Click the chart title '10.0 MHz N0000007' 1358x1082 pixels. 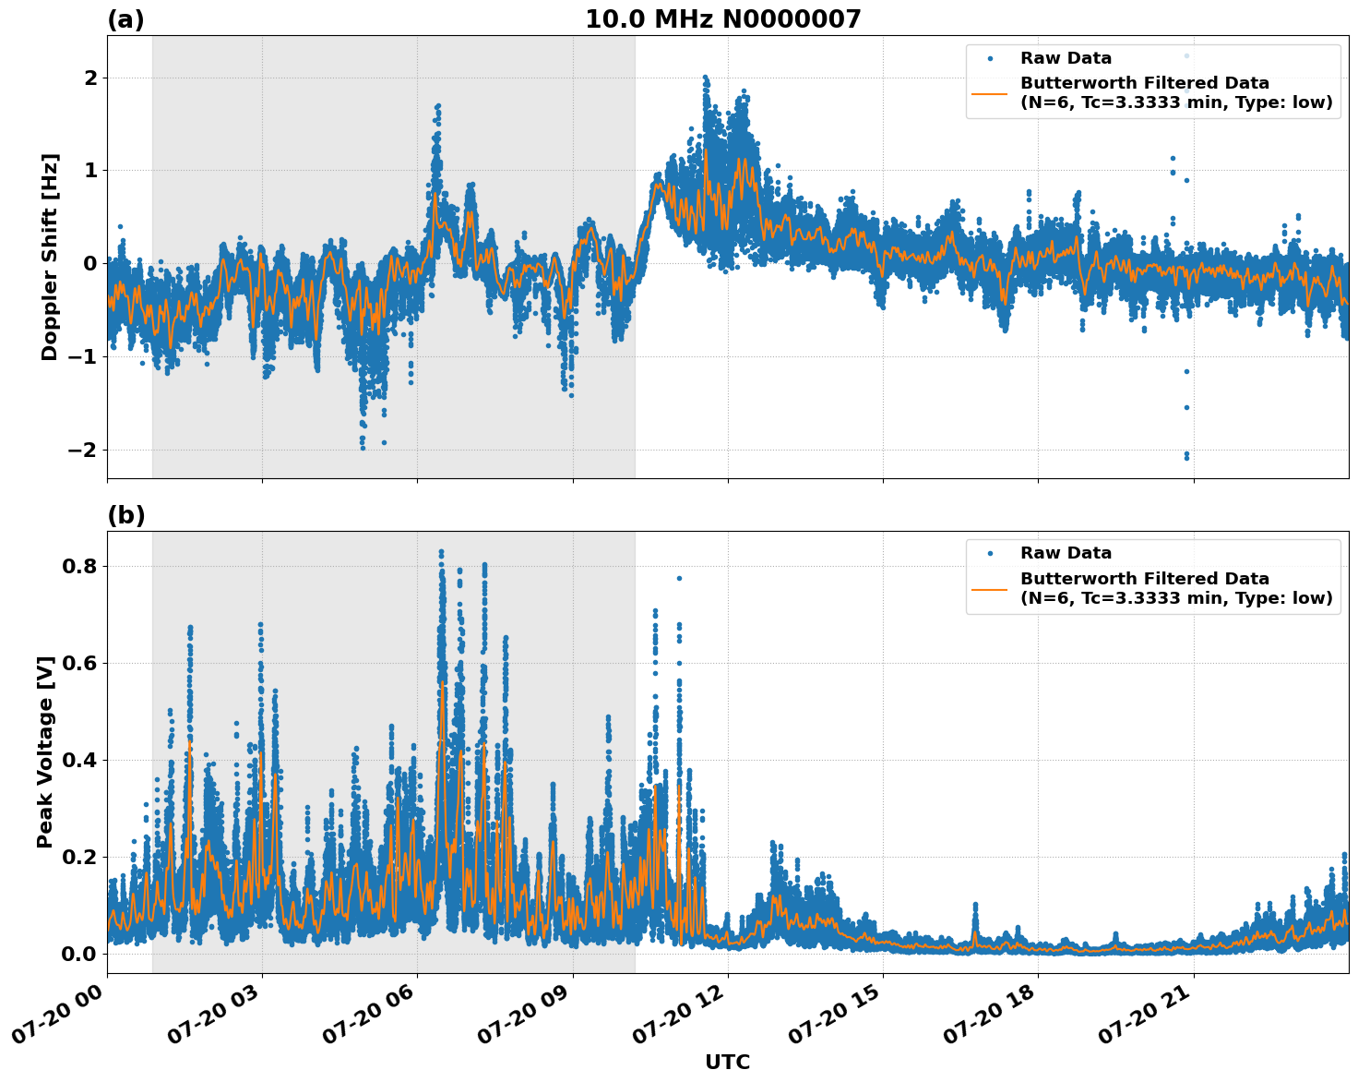[722, 19]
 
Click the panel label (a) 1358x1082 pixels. [125, 19]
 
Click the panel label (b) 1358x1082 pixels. [125, 515]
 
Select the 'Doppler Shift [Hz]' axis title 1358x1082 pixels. [50, 257]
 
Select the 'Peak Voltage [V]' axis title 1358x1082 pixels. [45, 751]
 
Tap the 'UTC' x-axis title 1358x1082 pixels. [727, 1062]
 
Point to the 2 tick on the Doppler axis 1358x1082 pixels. [90, 78]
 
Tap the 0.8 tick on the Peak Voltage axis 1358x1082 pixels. [79, 566]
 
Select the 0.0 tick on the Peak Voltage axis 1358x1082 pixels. [79, 954]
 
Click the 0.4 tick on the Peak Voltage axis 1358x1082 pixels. [79, 760]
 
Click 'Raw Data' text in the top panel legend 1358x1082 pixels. [1066, 58]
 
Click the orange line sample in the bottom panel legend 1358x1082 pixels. [989, 588]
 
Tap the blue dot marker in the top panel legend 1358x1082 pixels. [990, 58]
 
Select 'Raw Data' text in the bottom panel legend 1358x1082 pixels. [1066, 553]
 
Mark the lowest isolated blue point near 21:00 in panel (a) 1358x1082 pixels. [1186, 457]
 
